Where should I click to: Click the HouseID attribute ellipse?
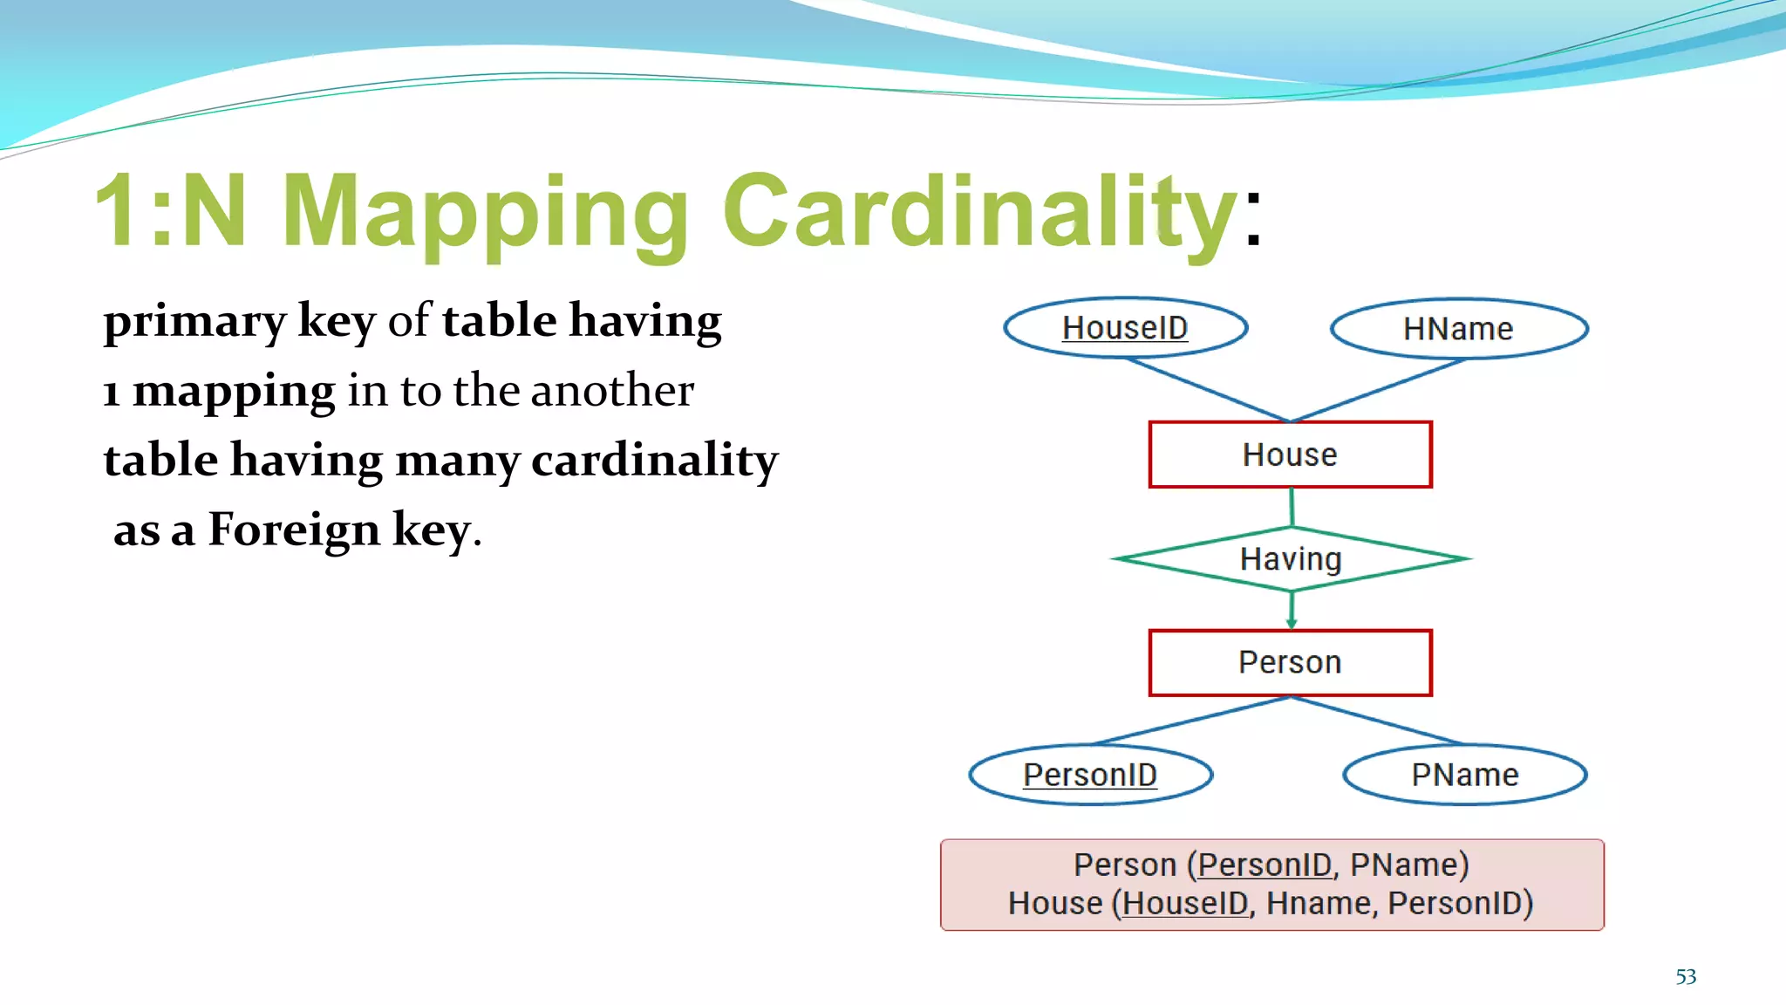click(1125, 328)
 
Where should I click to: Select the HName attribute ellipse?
click(1458, 329)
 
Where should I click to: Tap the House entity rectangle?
click(1290, 455)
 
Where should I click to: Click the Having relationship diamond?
click(1291, 559)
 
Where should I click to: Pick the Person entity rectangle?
click(1290, 662)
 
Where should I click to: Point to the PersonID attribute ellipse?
click(1090, 775)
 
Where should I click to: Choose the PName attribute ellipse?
click(1464, 775)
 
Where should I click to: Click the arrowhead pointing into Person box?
click(1292, 623)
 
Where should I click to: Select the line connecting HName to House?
click(1378, 390)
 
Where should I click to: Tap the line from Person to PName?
click(1378, 721)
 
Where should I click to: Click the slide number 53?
click(1686, 977)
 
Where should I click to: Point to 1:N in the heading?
click(170, 212)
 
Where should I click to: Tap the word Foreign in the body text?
click(294, 530)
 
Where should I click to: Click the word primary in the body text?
click(194, 321)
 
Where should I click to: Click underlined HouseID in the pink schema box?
click(1185, 903)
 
